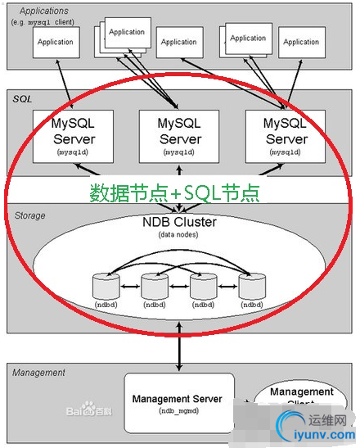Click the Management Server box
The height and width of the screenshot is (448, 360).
178,402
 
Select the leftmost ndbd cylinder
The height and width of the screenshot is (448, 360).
106,287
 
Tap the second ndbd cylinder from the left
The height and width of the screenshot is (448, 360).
154,287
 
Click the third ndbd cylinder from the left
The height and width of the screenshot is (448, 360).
202,287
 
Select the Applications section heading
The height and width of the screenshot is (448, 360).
43,11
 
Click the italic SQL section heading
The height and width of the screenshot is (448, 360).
22,98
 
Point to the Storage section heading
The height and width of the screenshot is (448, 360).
30,215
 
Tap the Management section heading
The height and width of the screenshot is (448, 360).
39,373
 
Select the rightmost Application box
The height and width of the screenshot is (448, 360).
301,42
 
